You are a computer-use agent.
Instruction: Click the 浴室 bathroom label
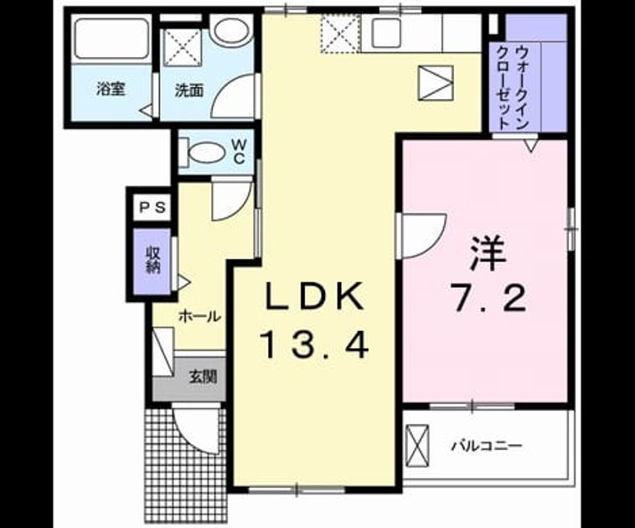tap(110, 88)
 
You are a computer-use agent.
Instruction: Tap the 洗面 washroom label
tap(188, 91)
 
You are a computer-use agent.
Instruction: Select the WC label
tap(240, 151)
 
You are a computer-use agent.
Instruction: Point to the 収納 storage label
tap(153, 260)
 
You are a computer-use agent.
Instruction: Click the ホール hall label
tap(199, 317)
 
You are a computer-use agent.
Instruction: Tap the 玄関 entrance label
tap(204, 377)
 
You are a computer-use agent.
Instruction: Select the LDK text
tap(313, 296)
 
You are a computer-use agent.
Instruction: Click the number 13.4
tap(316, 344)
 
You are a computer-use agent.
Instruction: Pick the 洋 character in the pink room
tap(488, 254)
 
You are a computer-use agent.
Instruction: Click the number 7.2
tap(489, 298)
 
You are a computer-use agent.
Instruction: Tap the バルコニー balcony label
tap(487, 446)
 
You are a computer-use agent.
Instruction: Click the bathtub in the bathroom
tap(111, 39)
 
